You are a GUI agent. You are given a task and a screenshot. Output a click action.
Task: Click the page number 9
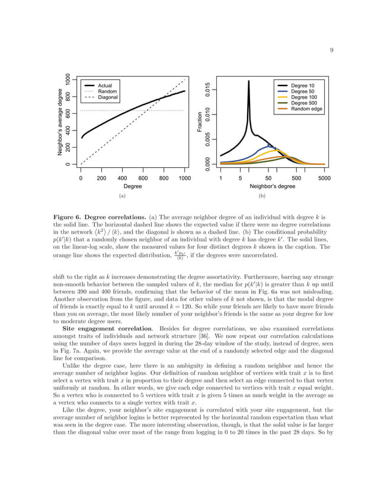click(x=331, y=50)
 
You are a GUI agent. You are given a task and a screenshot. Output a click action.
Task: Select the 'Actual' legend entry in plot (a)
click(x=105, y=86)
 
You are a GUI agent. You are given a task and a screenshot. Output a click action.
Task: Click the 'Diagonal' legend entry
click(x=108, y=97)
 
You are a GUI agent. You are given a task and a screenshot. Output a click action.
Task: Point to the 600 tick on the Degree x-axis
click(x=143, y=177)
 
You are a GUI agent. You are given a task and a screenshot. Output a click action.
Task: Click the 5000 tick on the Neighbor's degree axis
click(x=324, y=177)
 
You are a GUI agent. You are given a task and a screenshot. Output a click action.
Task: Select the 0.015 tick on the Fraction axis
click(x=208, y=90)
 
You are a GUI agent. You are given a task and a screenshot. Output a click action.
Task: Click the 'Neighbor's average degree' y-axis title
click(x=60, y=122)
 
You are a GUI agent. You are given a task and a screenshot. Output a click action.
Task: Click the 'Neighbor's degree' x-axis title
click(x=272, y=186)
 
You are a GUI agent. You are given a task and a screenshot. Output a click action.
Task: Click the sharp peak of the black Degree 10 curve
click(x=248, y=81)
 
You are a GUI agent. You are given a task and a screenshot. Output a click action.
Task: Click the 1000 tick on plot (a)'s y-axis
click(x=69, y=79)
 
